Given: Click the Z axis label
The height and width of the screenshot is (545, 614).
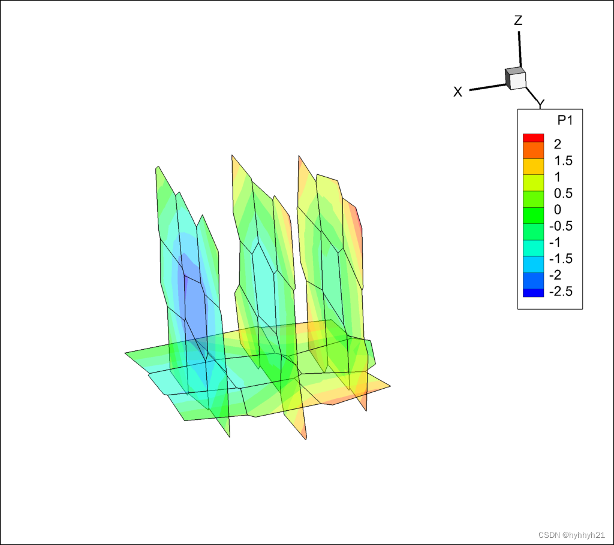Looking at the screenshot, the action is pos(518,20).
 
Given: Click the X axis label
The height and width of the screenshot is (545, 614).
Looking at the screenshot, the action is pos(458,92).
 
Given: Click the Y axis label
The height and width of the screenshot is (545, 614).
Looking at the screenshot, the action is pos(541,104).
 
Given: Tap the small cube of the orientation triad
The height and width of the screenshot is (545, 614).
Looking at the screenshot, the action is pos(515,78).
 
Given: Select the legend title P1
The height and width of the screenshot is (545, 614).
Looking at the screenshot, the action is pos(565,120).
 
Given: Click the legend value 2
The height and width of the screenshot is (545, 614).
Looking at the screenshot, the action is pos(558,144).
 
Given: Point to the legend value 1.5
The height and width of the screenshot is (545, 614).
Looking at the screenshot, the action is pos(563,161).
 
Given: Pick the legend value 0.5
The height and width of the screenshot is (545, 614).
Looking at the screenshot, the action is pos(563,193).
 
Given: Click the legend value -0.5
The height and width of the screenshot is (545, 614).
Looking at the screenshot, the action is pos(561,226).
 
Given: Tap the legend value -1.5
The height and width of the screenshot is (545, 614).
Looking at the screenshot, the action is pos(561,259).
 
